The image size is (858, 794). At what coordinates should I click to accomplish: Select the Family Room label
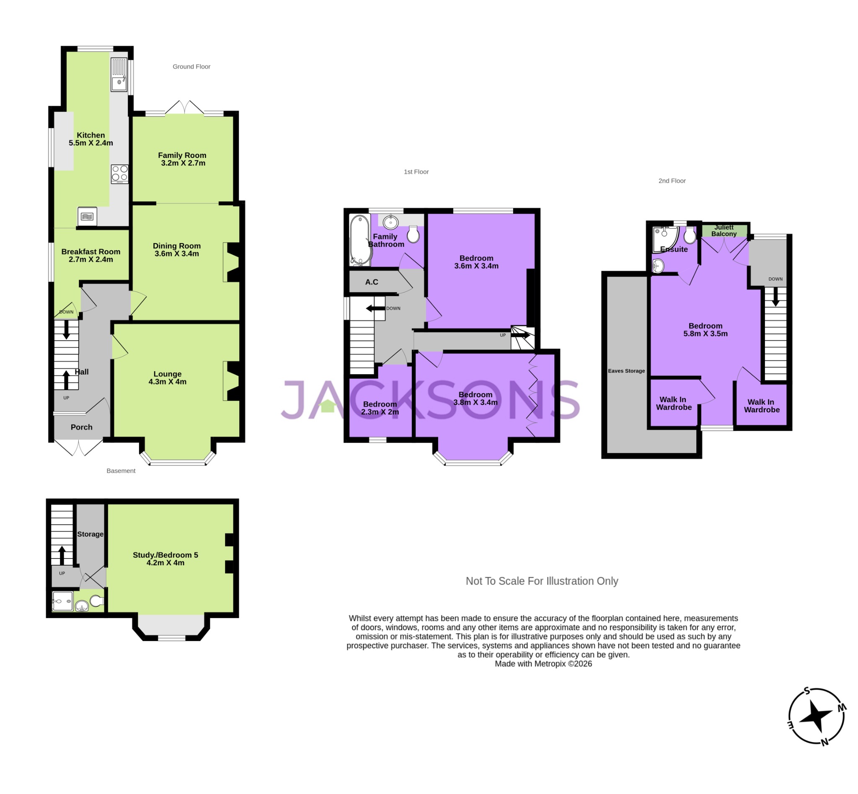click(182, 155)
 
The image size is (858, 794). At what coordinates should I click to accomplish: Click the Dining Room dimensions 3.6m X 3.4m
click(176, 253)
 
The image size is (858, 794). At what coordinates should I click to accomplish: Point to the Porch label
click(81, 427)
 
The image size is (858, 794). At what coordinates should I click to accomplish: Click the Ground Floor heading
click(191, 67)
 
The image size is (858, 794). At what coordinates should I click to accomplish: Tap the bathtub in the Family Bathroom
click(359, 240)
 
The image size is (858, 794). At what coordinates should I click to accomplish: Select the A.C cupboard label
click(372, 282)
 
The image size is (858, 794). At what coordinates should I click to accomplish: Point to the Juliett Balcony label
click(724, 230)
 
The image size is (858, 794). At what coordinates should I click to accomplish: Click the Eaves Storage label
click(626, 371)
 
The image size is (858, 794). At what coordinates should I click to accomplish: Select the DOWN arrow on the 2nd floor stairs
click(775, 297)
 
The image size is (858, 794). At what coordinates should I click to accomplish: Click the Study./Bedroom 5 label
click(165, 555)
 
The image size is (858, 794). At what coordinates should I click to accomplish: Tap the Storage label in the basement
click(90, 534)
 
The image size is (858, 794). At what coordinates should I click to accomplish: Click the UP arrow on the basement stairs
click(62, 555)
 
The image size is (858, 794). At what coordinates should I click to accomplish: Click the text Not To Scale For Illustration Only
click(541, 581)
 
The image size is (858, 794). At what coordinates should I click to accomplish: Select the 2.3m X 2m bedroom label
click(380, 411)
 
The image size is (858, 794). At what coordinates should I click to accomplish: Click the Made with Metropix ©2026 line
click(543, 663)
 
